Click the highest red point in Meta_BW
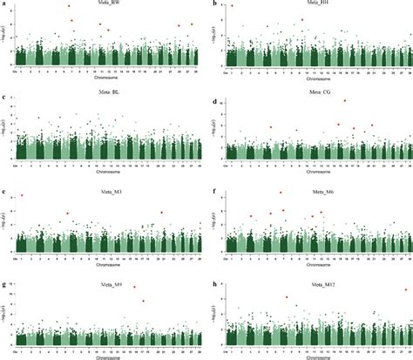click(x=69, y=6)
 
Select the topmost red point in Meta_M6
click(x=281, y=193)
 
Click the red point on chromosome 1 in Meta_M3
click(x=22, y=195)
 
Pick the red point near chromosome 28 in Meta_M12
click(x=405, y=290)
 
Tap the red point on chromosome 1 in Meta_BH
click(x=232, y=6)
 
